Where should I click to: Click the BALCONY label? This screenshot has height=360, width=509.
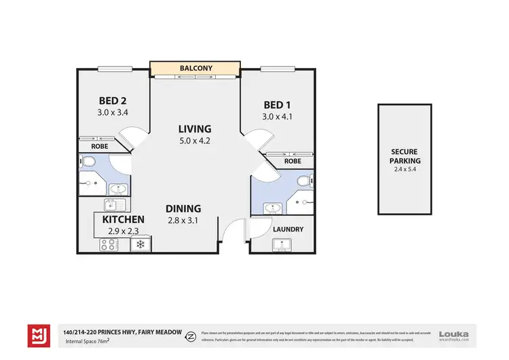click(196, 69)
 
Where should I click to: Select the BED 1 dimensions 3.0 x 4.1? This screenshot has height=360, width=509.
click(278, 115)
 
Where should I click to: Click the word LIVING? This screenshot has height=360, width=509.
click(195, 128)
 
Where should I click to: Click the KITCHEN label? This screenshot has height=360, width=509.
click(123, 219)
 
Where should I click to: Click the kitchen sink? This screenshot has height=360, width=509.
click(112, 204)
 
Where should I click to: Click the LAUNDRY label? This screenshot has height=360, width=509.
click(288, 229)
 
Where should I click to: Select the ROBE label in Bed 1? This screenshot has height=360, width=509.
click(293, 162)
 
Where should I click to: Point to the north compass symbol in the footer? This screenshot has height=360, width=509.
click(192, 336)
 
